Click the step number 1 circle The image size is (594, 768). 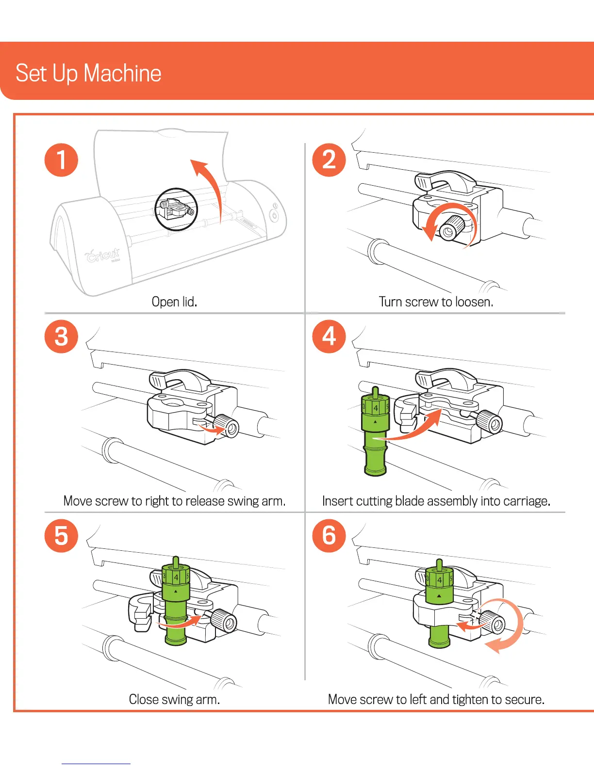(61, 160)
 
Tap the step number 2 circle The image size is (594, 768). (329, 160)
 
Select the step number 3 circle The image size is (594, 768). (61, 336)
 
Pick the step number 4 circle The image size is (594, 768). (329, 336)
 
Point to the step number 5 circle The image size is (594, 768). (61, 536)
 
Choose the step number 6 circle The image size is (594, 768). (329, 536)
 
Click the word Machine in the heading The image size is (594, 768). (122, 73)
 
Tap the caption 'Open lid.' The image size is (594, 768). (174, 302)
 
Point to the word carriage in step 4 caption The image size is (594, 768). (527, 501)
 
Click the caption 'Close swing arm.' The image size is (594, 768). (174, 699)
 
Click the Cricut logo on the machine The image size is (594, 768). (103, 254)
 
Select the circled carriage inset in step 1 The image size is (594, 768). (176, 209)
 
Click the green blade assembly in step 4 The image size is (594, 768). (375, 432)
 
